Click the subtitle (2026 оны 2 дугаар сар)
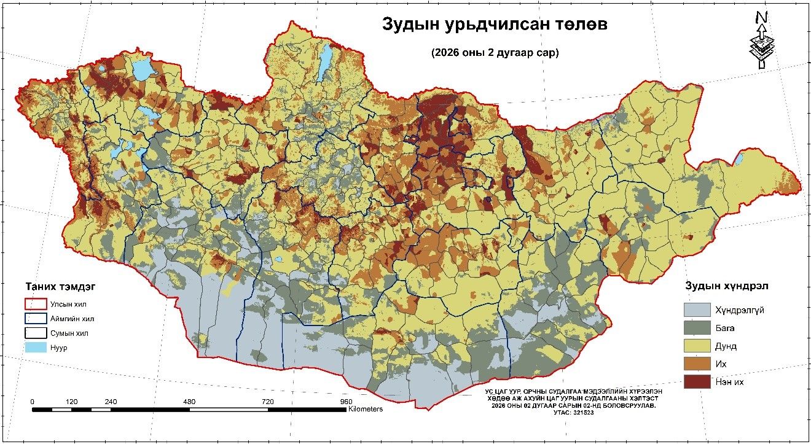[x=495, y=53]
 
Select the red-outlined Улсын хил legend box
[x=36, y=303]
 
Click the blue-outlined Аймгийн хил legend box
[x=36, y=319]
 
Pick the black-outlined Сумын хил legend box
[x=36, y=333]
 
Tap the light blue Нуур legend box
[x=36, y=348]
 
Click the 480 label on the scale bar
[x=189, y=402]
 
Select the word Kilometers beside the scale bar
[x=366, y=409]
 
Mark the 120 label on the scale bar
[x=71, y=402]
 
